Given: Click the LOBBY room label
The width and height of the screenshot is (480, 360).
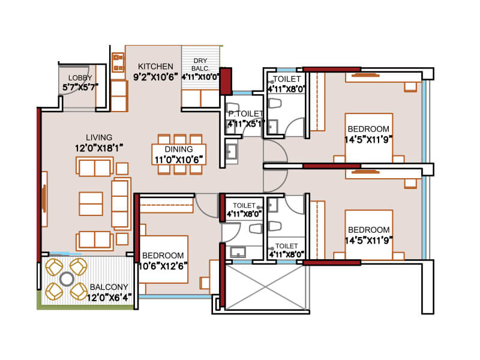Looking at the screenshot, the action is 80,78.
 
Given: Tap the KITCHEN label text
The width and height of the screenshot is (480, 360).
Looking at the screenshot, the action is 155,67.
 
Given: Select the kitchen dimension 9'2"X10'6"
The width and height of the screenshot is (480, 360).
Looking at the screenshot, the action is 155,77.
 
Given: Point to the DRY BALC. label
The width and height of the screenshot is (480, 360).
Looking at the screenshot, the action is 200,65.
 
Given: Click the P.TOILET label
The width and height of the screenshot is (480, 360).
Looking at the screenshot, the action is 246,114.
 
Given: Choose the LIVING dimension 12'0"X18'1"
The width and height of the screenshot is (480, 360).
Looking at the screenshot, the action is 99,148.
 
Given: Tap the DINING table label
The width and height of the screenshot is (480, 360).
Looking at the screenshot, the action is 179,149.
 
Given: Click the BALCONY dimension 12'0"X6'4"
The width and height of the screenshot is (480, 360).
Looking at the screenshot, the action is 109,298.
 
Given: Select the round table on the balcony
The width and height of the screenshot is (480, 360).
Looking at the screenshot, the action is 67,279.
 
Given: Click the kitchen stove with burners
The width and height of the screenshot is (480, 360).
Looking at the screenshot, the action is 118,62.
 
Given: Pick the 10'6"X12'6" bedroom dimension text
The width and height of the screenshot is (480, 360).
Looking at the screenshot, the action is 163,266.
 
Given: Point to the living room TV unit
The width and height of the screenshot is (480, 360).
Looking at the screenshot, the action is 44,199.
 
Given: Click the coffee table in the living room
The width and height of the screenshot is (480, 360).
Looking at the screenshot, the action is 91,204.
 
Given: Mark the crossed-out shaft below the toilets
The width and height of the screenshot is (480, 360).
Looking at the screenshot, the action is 266,287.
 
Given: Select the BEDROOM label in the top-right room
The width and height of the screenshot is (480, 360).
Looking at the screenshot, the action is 368,129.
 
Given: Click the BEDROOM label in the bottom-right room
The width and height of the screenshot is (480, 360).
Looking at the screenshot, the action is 369,230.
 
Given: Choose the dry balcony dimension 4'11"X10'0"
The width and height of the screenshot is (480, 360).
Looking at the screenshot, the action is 200,77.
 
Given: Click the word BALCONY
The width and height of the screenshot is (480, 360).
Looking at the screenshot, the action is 109,287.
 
